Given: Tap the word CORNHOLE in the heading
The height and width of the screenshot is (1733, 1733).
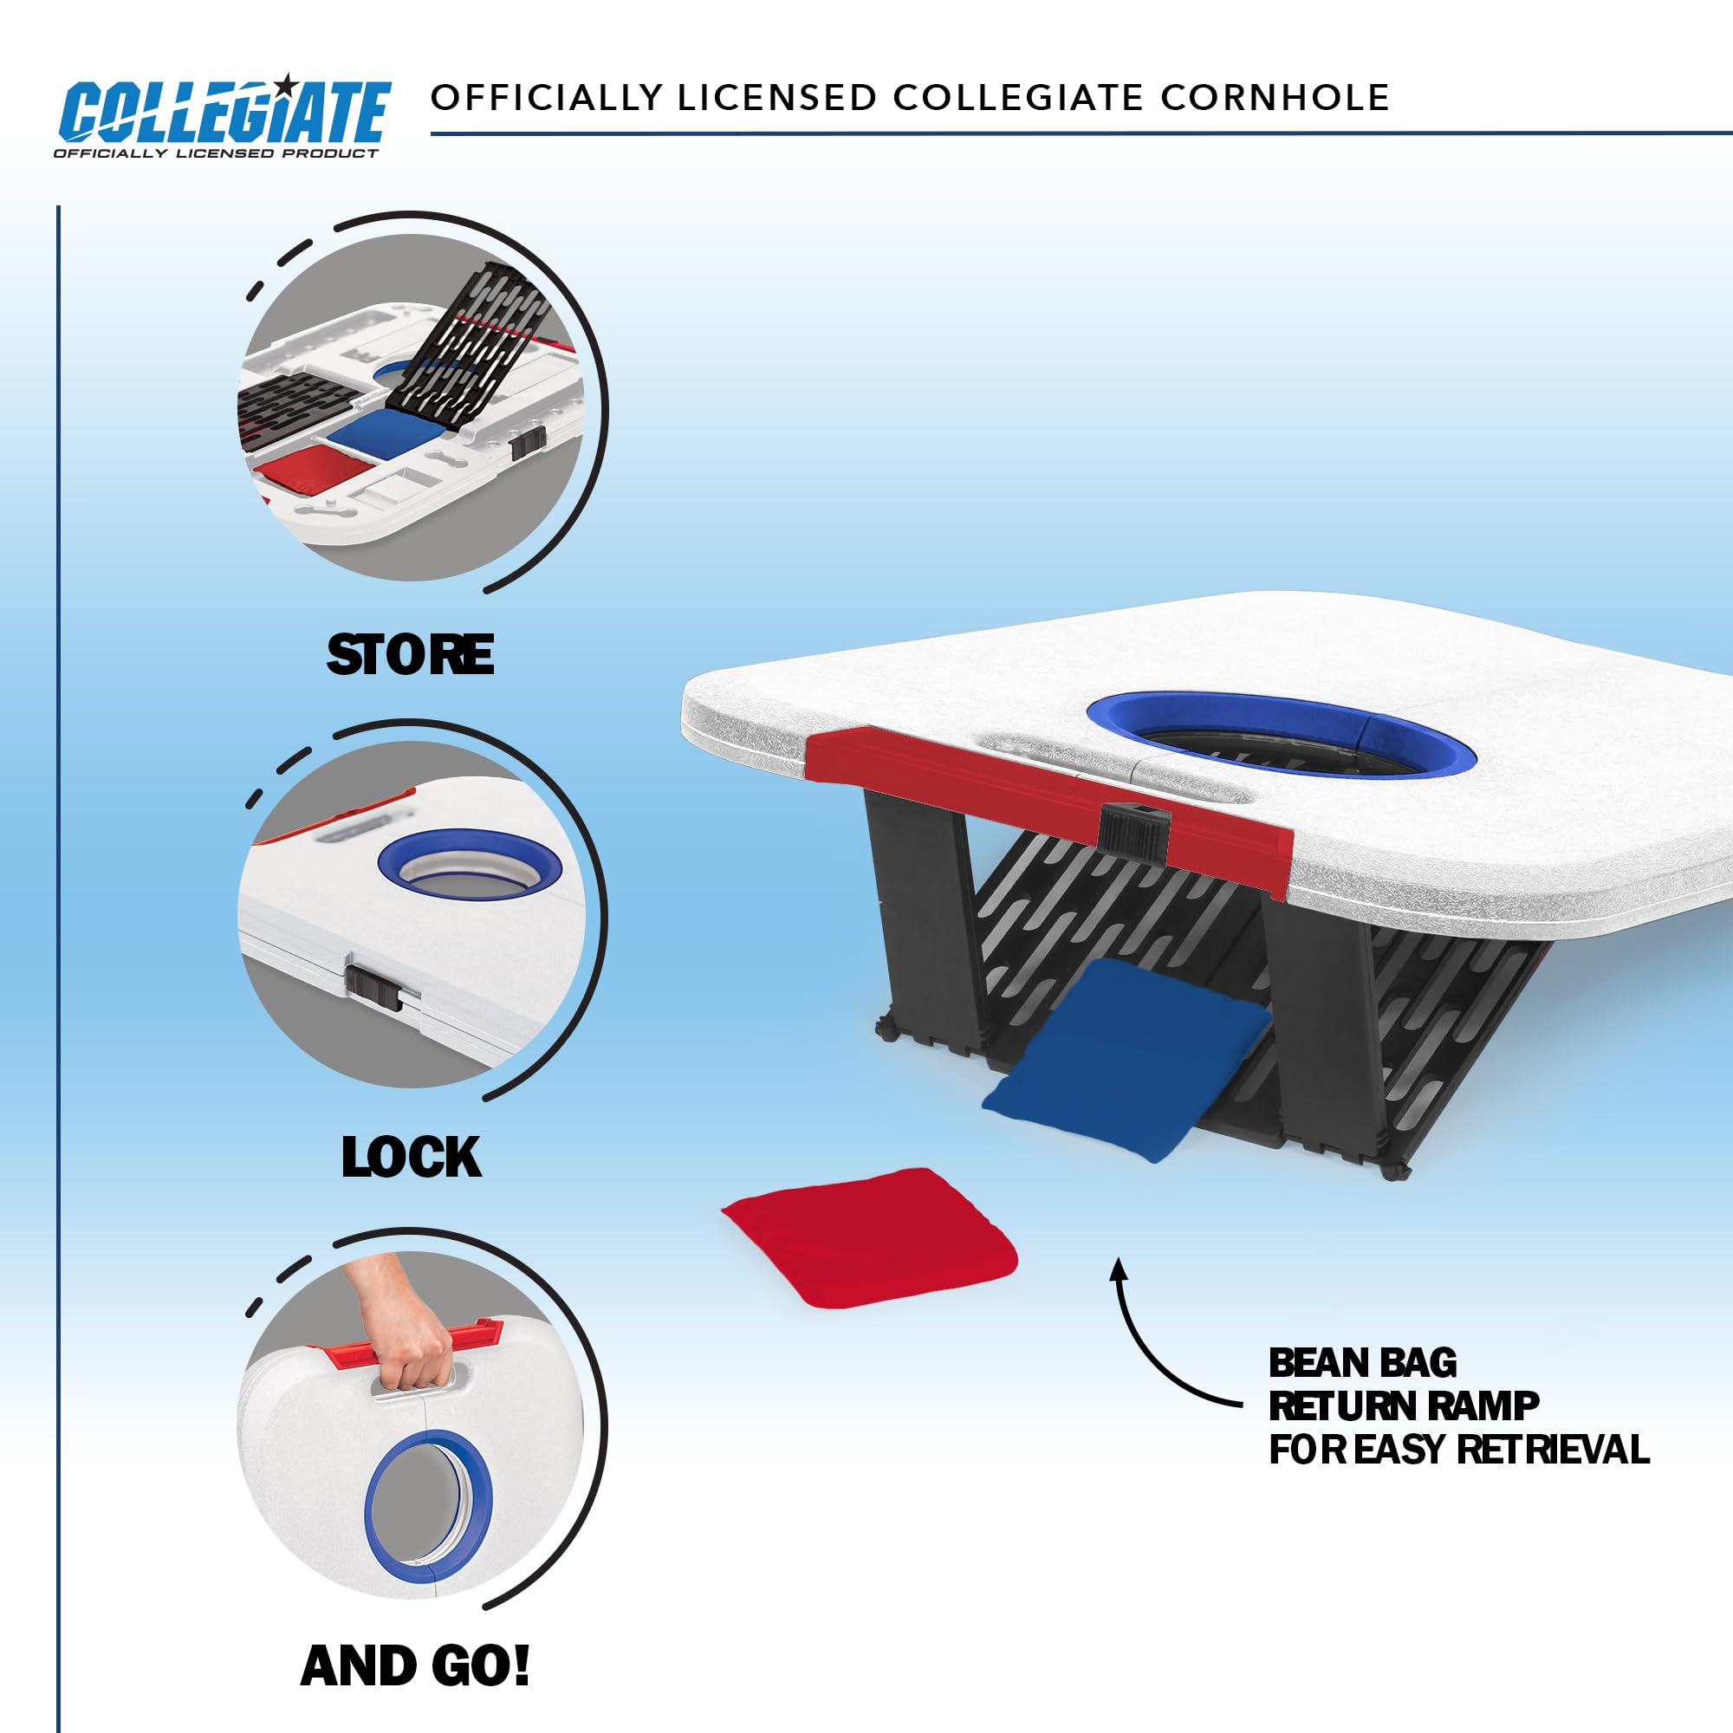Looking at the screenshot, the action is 1275,98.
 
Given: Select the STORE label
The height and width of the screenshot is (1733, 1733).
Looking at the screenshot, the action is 410,655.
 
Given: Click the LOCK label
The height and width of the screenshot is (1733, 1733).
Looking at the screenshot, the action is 411,1157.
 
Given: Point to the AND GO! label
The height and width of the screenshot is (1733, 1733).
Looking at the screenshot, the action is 415,1666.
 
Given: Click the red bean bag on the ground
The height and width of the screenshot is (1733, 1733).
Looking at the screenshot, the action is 869,1238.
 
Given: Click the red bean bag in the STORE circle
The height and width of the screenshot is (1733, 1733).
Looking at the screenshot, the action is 314,468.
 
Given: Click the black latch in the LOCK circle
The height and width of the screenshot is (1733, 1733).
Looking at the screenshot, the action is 373,988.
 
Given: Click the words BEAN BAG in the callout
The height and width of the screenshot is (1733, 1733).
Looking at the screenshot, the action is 1362,1362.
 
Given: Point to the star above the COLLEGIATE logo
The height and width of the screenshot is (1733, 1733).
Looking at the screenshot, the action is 286,84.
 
